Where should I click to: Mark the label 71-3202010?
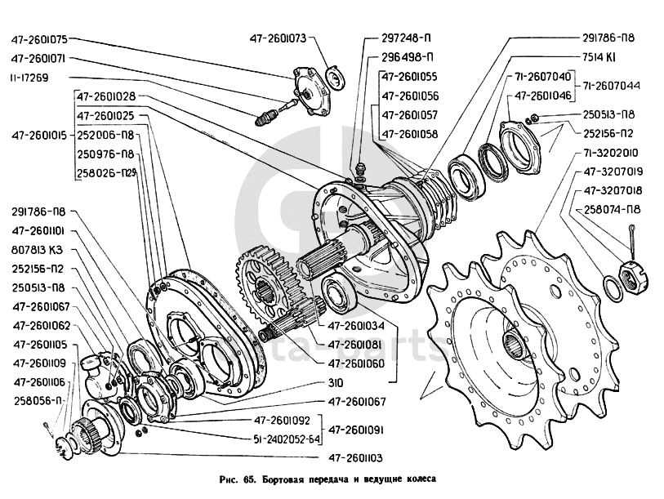point(611,153)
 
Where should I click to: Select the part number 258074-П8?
point(611,209)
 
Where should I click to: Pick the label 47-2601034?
point(356,324)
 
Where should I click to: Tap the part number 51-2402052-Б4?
point(282,439)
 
